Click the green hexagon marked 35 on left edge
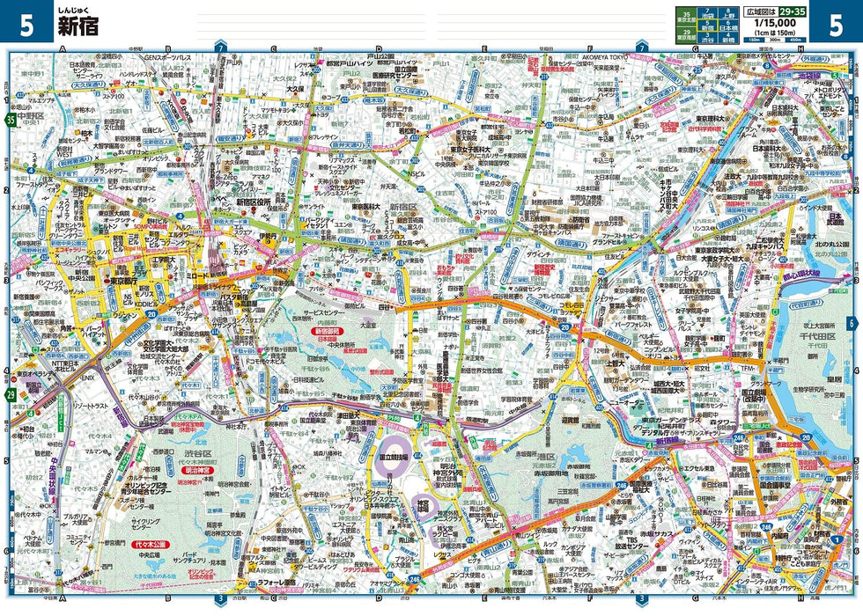[10, 119]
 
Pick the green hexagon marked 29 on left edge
[10, 395]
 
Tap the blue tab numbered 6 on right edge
[852, 323]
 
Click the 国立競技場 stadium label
[394, 458]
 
